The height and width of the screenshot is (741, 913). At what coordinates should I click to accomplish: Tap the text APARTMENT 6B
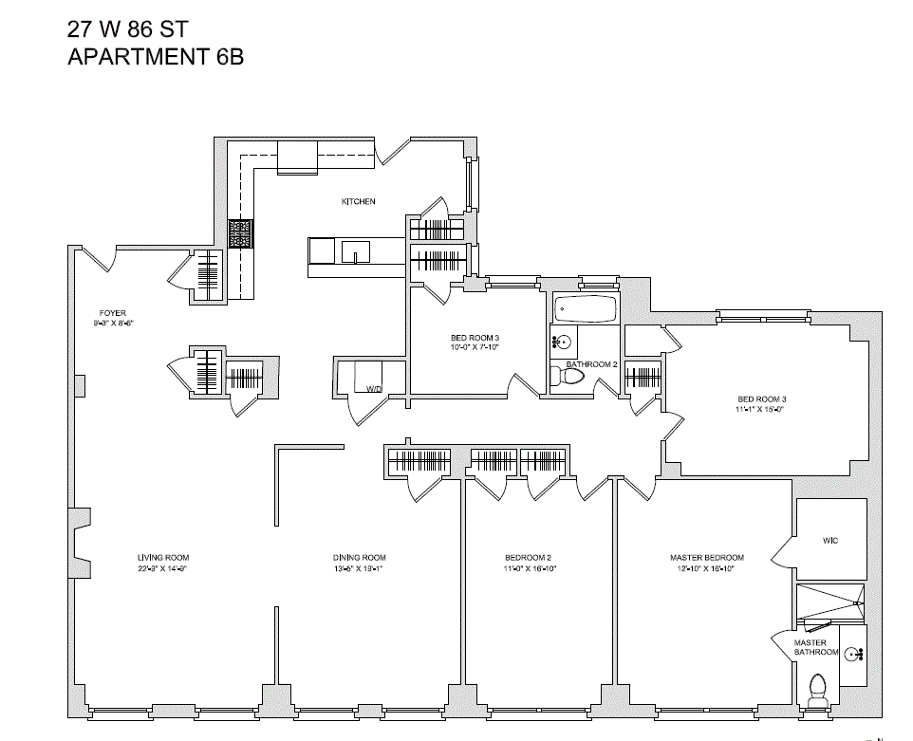(x=156, y=57)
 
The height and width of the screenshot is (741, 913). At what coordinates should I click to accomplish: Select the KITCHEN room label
(x=359, y=201)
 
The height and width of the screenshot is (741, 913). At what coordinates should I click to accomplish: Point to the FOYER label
(x=113, y=313)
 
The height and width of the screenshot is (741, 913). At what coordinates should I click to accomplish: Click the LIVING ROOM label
(x=163, y=558)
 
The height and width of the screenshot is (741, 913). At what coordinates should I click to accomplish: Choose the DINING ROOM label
(x=360, y=558)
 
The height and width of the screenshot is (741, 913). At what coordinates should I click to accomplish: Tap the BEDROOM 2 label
(x=529, y=558)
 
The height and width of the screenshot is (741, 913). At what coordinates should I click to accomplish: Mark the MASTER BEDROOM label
(x=707, y=558)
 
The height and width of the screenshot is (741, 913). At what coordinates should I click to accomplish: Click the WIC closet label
(x=830, y=541)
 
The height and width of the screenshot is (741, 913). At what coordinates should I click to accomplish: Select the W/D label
(x=374, y=389)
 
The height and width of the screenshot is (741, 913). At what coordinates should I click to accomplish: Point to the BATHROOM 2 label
(x=592, y=364)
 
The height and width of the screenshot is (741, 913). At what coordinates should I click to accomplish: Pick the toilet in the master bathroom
(x=816, y=689)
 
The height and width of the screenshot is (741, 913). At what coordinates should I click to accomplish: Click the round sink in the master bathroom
(x=853, y=653)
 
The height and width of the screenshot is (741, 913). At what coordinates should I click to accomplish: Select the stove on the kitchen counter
(x=240, y=233)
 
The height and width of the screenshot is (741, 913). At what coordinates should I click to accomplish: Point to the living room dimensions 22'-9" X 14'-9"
(x=163, y=569)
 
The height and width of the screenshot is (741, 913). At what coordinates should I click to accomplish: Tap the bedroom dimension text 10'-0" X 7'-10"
(x=475, y=348)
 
